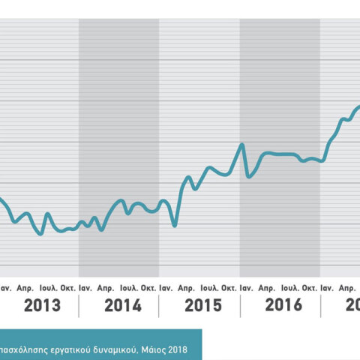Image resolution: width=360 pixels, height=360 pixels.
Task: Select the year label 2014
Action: click(123, 305)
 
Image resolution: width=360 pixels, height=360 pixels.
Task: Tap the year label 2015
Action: click(202, 305)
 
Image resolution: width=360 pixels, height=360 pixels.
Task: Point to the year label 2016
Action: click(283, 305)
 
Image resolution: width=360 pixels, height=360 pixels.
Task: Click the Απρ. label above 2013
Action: click(26, 288)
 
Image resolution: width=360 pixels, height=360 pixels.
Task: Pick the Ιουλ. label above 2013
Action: click(49, 288)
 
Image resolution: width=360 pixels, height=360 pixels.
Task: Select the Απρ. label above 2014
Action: click(106, 288)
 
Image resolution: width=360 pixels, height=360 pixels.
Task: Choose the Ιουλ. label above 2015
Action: click(209, 288)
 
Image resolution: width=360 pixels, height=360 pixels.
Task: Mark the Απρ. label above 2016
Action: click(267, 288)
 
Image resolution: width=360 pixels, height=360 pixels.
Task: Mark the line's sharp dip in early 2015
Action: click(175, 225)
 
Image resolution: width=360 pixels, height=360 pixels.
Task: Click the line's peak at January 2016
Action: click(242, 145)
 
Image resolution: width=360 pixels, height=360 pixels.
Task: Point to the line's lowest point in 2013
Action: click(40, 234)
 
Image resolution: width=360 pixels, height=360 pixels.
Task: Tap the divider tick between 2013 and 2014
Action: click(79, 305)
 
